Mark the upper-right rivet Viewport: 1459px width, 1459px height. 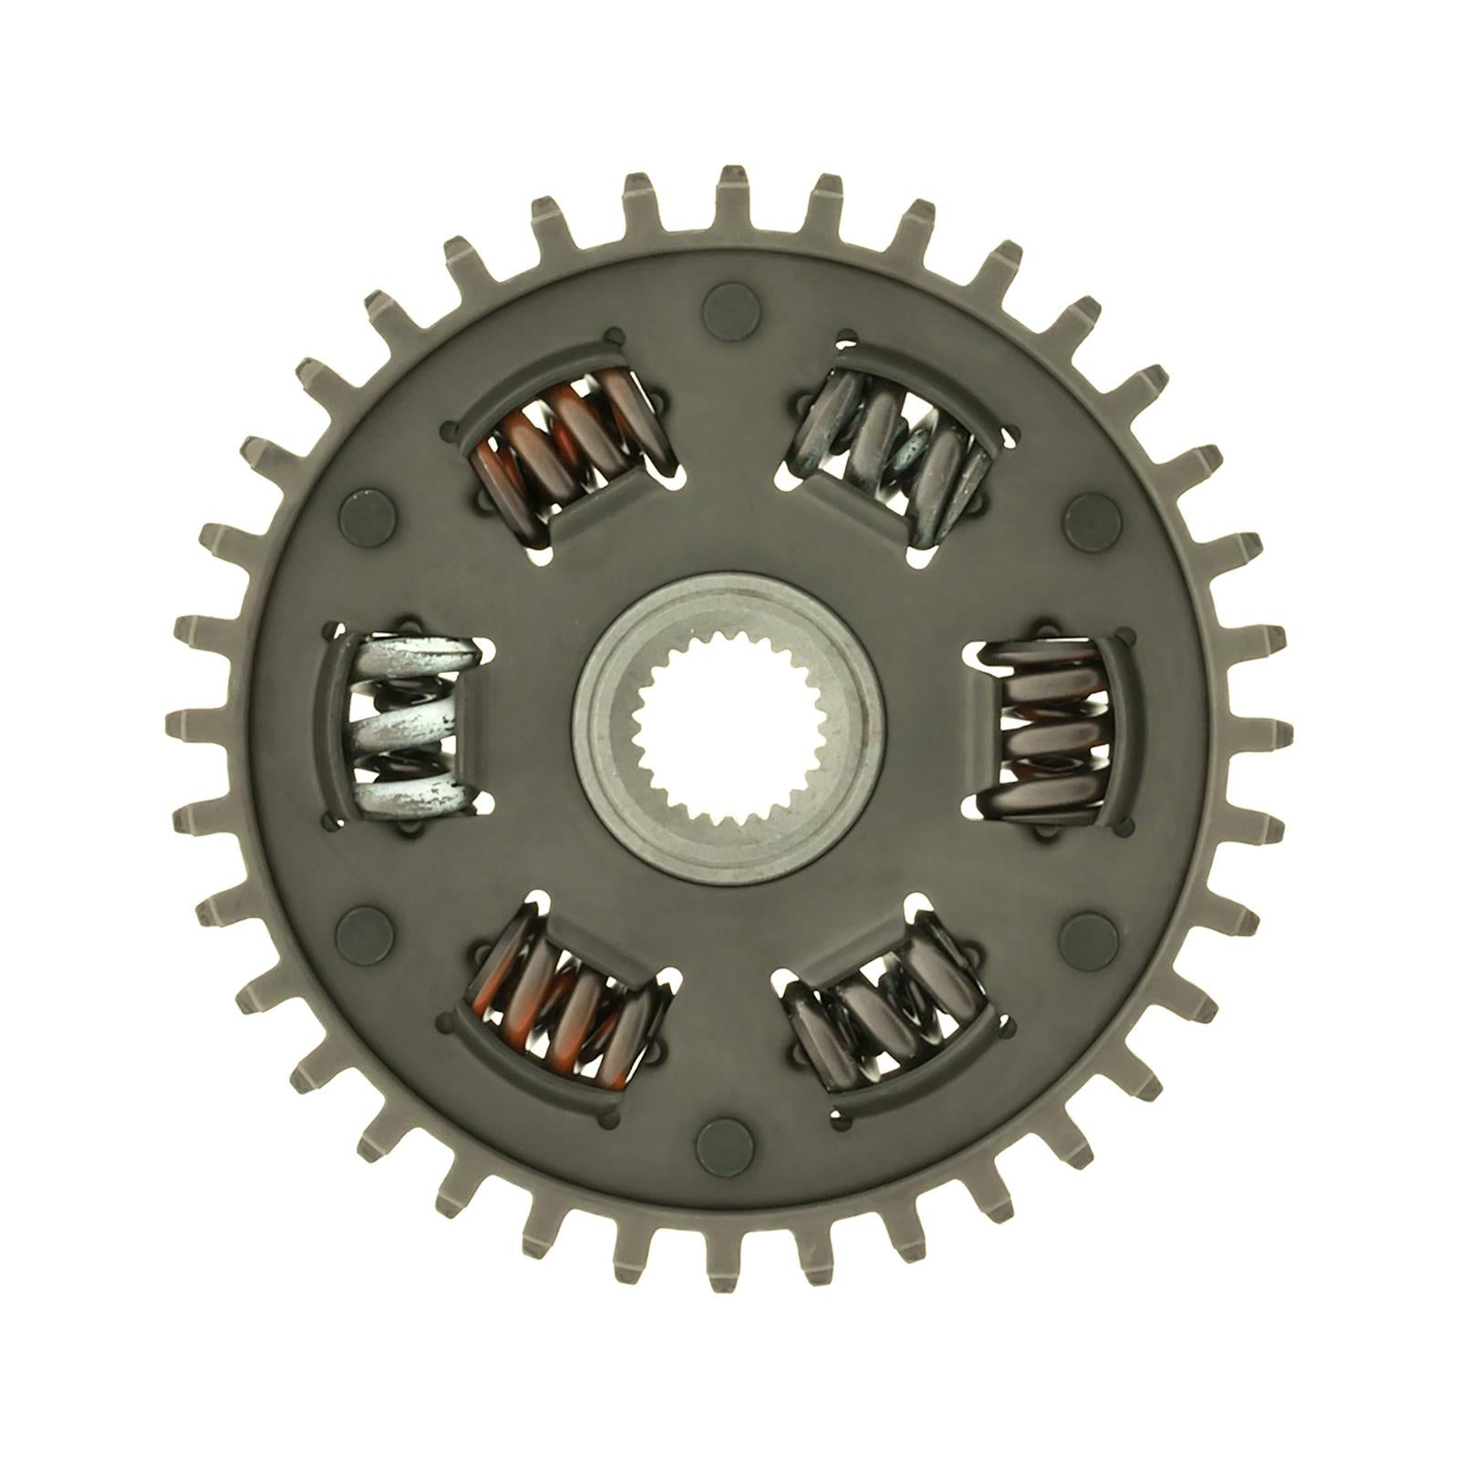[1089, 516]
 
